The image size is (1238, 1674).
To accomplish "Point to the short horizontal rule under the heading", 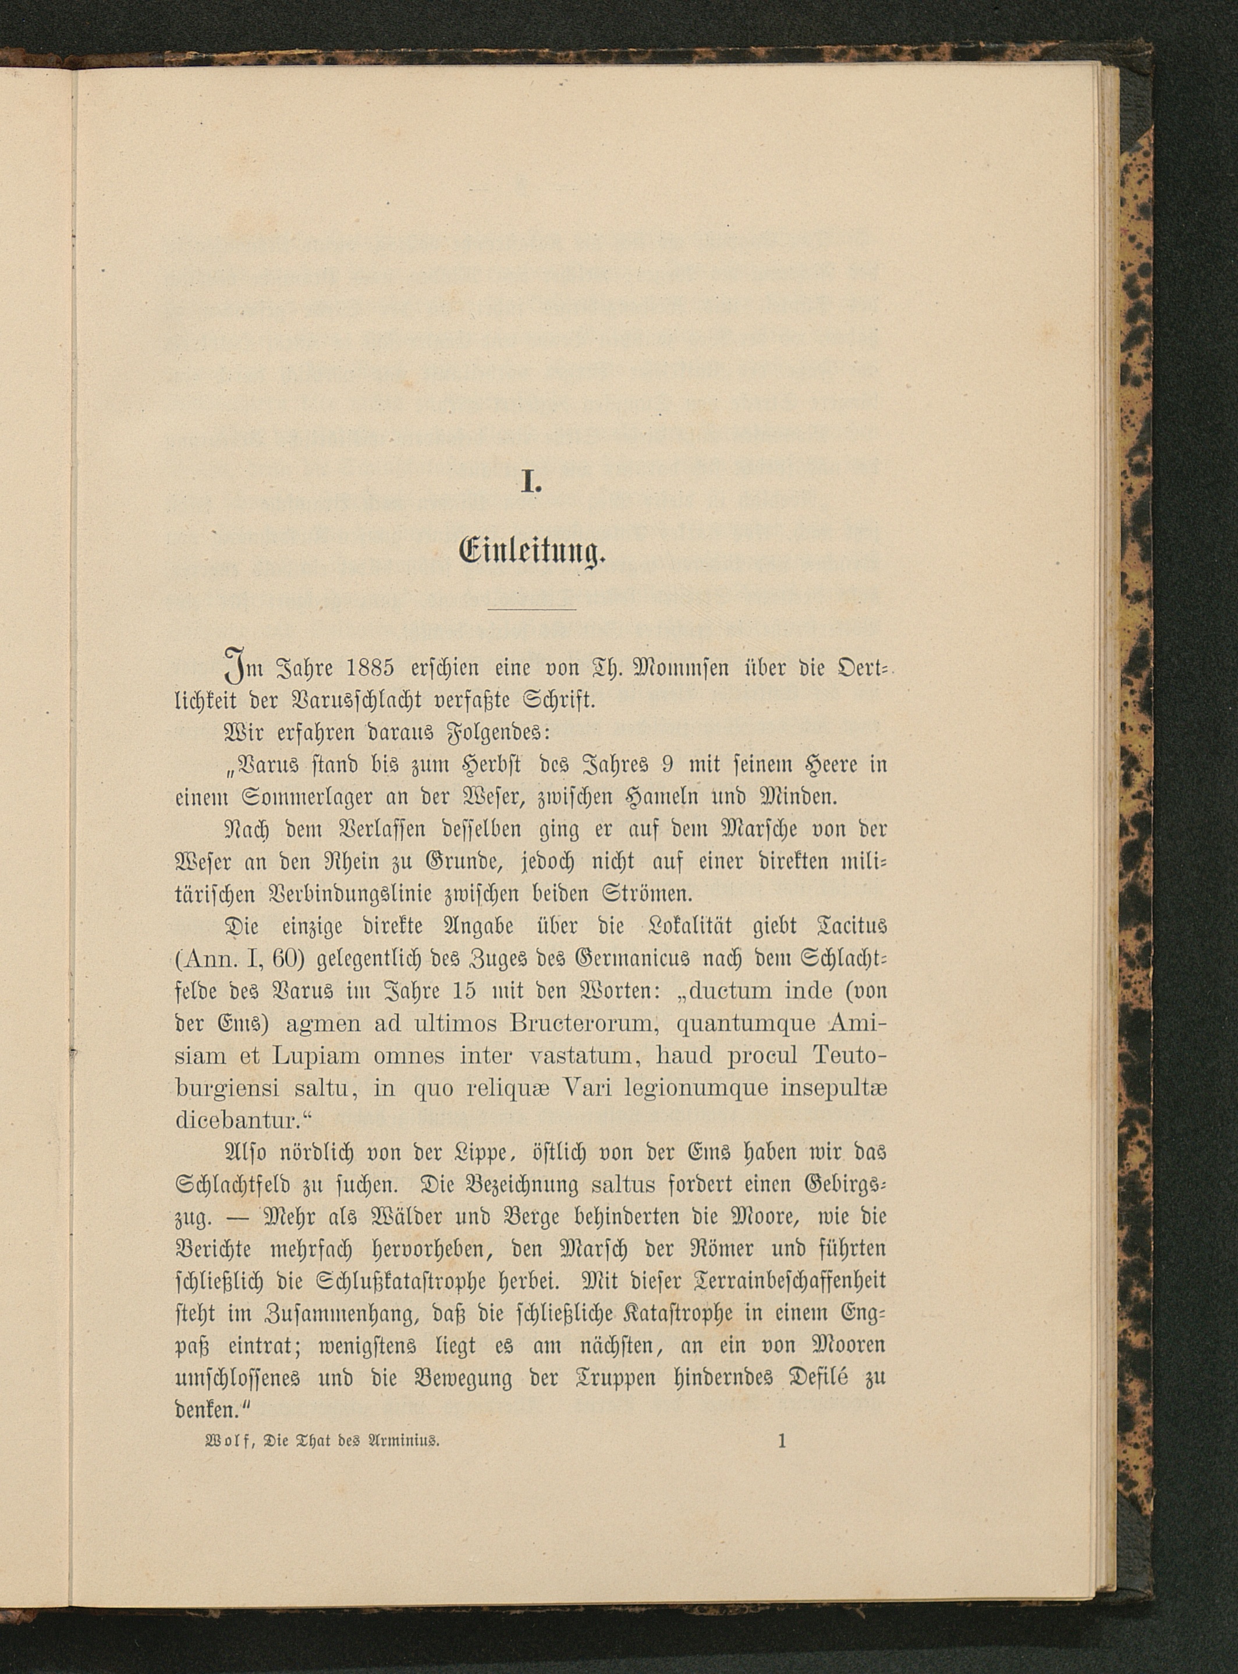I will coord(531,610).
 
